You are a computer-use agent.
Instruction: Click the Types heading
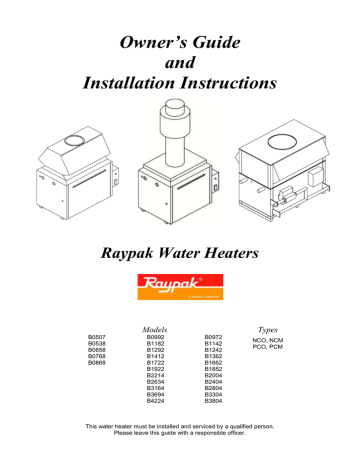click(x=272, y=328)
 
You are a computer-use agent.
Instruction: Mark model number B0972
click(x=214, y=339)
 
